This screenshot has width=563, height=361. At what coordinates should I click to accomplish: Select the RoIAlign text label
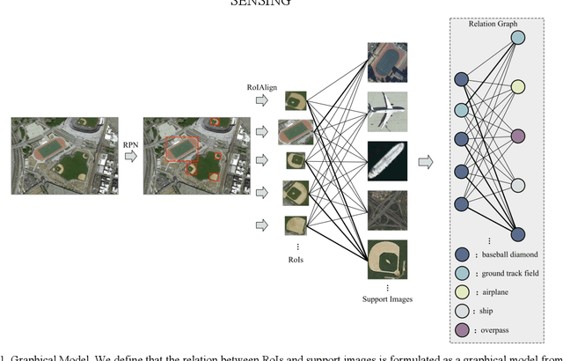(262, 87)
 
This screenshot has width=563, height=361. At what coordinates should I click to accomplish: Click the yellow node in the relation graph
(518, 87)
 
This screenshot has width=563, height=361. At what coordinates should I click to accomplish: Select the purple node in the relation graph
(518, 136)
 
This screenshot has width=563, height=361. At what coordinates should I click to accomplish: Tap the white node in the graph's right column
(518, 186)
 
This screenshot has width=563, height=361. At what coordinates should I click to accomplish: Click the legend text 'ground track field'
(503, 273)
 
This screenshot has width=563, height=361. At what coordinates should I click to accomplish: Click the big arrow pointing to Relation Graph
(425, 161)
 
